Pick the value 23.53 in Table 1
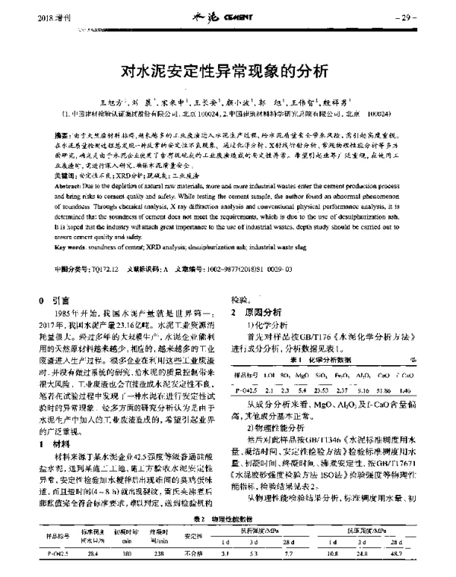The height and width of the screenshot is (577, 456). coord(319,389)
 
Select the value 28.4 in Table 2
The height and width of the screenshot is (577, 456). coord(93,565)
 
